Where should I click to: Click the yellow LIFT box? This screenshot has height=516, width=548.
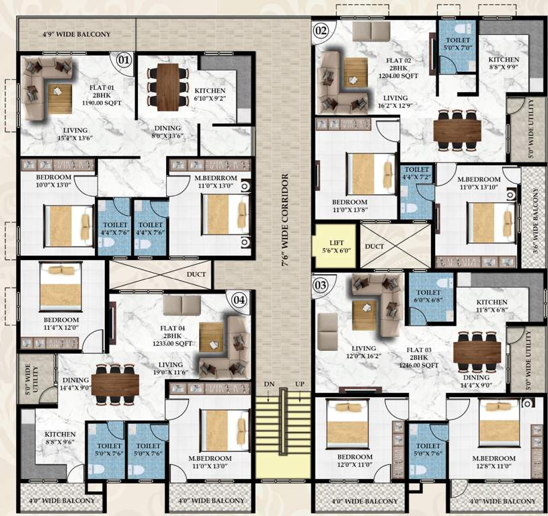(336, 247)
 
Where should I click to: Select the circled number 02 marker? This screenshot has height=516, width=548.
(321, 30)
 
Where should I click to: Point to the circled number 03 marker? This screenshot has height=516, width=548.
(321, 285)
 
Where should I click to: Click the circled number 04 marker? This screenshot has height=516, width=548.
(239, 300)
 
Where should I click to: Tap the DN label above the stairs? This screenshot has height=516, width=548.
(269, 383)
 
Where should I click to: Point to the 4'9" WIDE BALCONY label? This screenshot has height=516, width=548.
(67, 34)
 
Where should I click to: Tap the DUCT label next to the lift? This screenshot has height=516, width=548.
(375, 247)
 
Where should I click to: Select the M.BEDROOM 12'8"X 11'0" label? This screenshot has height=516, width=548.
(494, 463)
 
